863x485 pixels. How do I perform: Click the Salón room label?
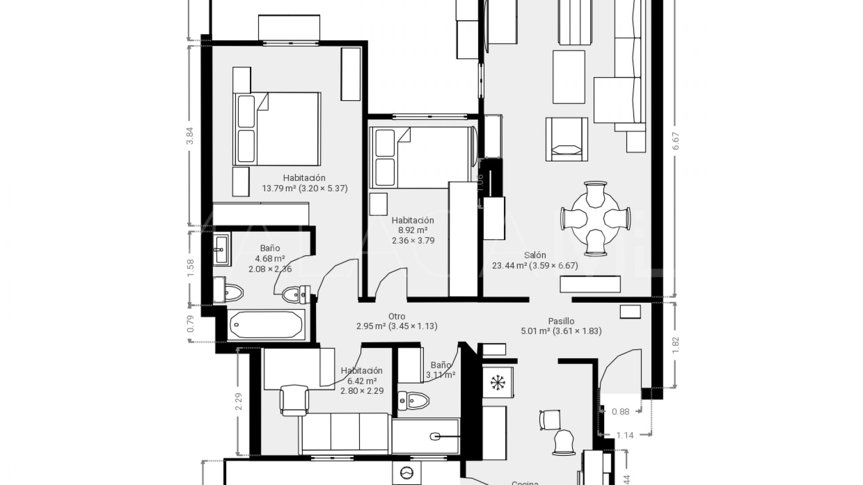coord(534,255)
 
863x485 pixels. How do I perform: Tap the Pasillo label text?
coord(561,321)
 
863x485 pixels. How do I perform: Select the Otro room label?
coord(396,316)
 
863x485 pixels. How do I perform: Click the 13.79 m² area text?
coord(279,189)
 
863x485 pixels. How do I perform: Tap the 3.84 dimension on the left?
coord(190,135)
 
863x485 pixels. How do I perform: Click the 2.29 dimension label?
coord(238,401)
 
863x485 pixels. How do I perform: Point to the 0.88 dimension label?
coord(621,411)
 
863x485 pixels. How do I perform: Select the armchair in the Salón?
coord(566,139)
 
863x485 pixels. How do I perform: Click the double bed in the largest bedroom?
coord(276,129)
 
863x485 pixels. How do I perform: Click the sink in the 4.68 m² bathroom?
coord(220,249)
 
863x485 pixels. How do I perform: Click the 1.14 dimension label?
coord(625,435)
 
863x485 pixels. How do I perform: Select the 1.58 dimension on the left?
coord(190,268)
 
